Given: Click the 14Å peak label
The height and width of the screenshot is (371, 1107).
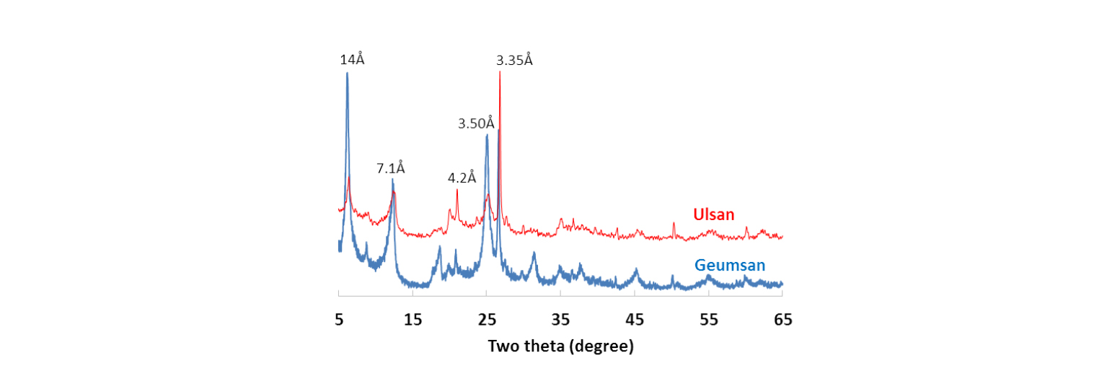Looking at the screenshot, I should pyautogui.click(x=352, y=59).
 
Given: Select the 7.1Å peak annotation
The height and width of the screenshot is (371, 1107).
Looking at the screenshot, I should pyautogui.click(x=390, y=168).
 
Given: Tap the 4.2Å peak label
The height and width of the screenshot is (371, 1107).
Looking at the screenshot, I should pyautogui.click(x=462, y=177).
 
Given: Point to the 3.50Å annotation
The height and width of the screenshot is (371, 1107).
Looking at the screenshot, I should pyautogui.click(x=476, y=123).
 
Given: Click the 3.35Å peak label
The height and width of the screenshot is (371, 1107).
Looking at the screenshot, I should pyautogui.click(x=514, y=60).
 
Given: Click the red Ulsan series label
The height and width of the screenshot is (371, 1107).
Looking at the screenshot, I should pyautogui.click(x=714, y=214).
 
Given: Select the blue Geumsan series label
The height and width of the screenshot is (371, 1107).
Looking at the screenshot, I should pyautogui.click(x=730, y=265).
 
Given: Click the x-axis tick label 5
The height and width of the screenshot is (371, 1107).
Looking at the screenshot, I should pyautogui.click(x=339, y=319).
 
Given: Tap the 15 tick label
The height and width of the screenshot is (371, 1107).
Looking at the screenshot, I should pyautogui.click(x=413, y=319).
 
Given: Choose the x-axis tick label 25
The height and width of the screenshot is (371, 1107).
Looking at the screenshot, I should pyautogui.click(x=487, y=319).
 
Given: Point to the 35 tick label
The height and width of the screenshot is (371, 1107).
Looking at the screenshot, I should pyautogui.click(x=560, y=319).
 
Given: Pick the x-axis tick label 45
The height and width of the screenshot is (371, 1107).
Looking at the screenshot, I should pyautogui.click(x=635, y=319).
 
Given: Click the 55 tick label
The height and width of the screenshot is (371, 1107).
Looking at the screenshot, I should pyautogui.click(x=709, y=319).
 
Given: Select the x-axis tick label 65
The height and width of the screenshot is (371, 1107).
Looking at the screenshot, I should pyautogui.click(x=782, y=319).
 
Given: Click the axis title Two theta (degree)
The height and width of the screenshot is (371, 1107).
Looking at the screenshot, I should pyautogui.click(x=560, y=346).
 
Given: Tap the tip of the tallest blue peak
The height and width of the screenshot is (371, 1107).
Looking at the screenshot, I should pyautogui.click(x=347, y=74).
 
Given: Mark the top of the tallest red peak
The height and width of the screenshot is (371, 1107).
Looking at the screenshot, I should pyautogui.click(x=500, y=72).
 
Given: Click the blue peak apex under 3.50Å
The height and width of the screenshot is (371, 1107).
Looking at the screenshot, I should pyautogui.click(x=487, y=135).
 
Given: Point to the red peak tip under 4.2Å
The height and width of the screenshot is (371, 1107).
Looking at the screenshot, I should pyautogui.click(x=457, y=190).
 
